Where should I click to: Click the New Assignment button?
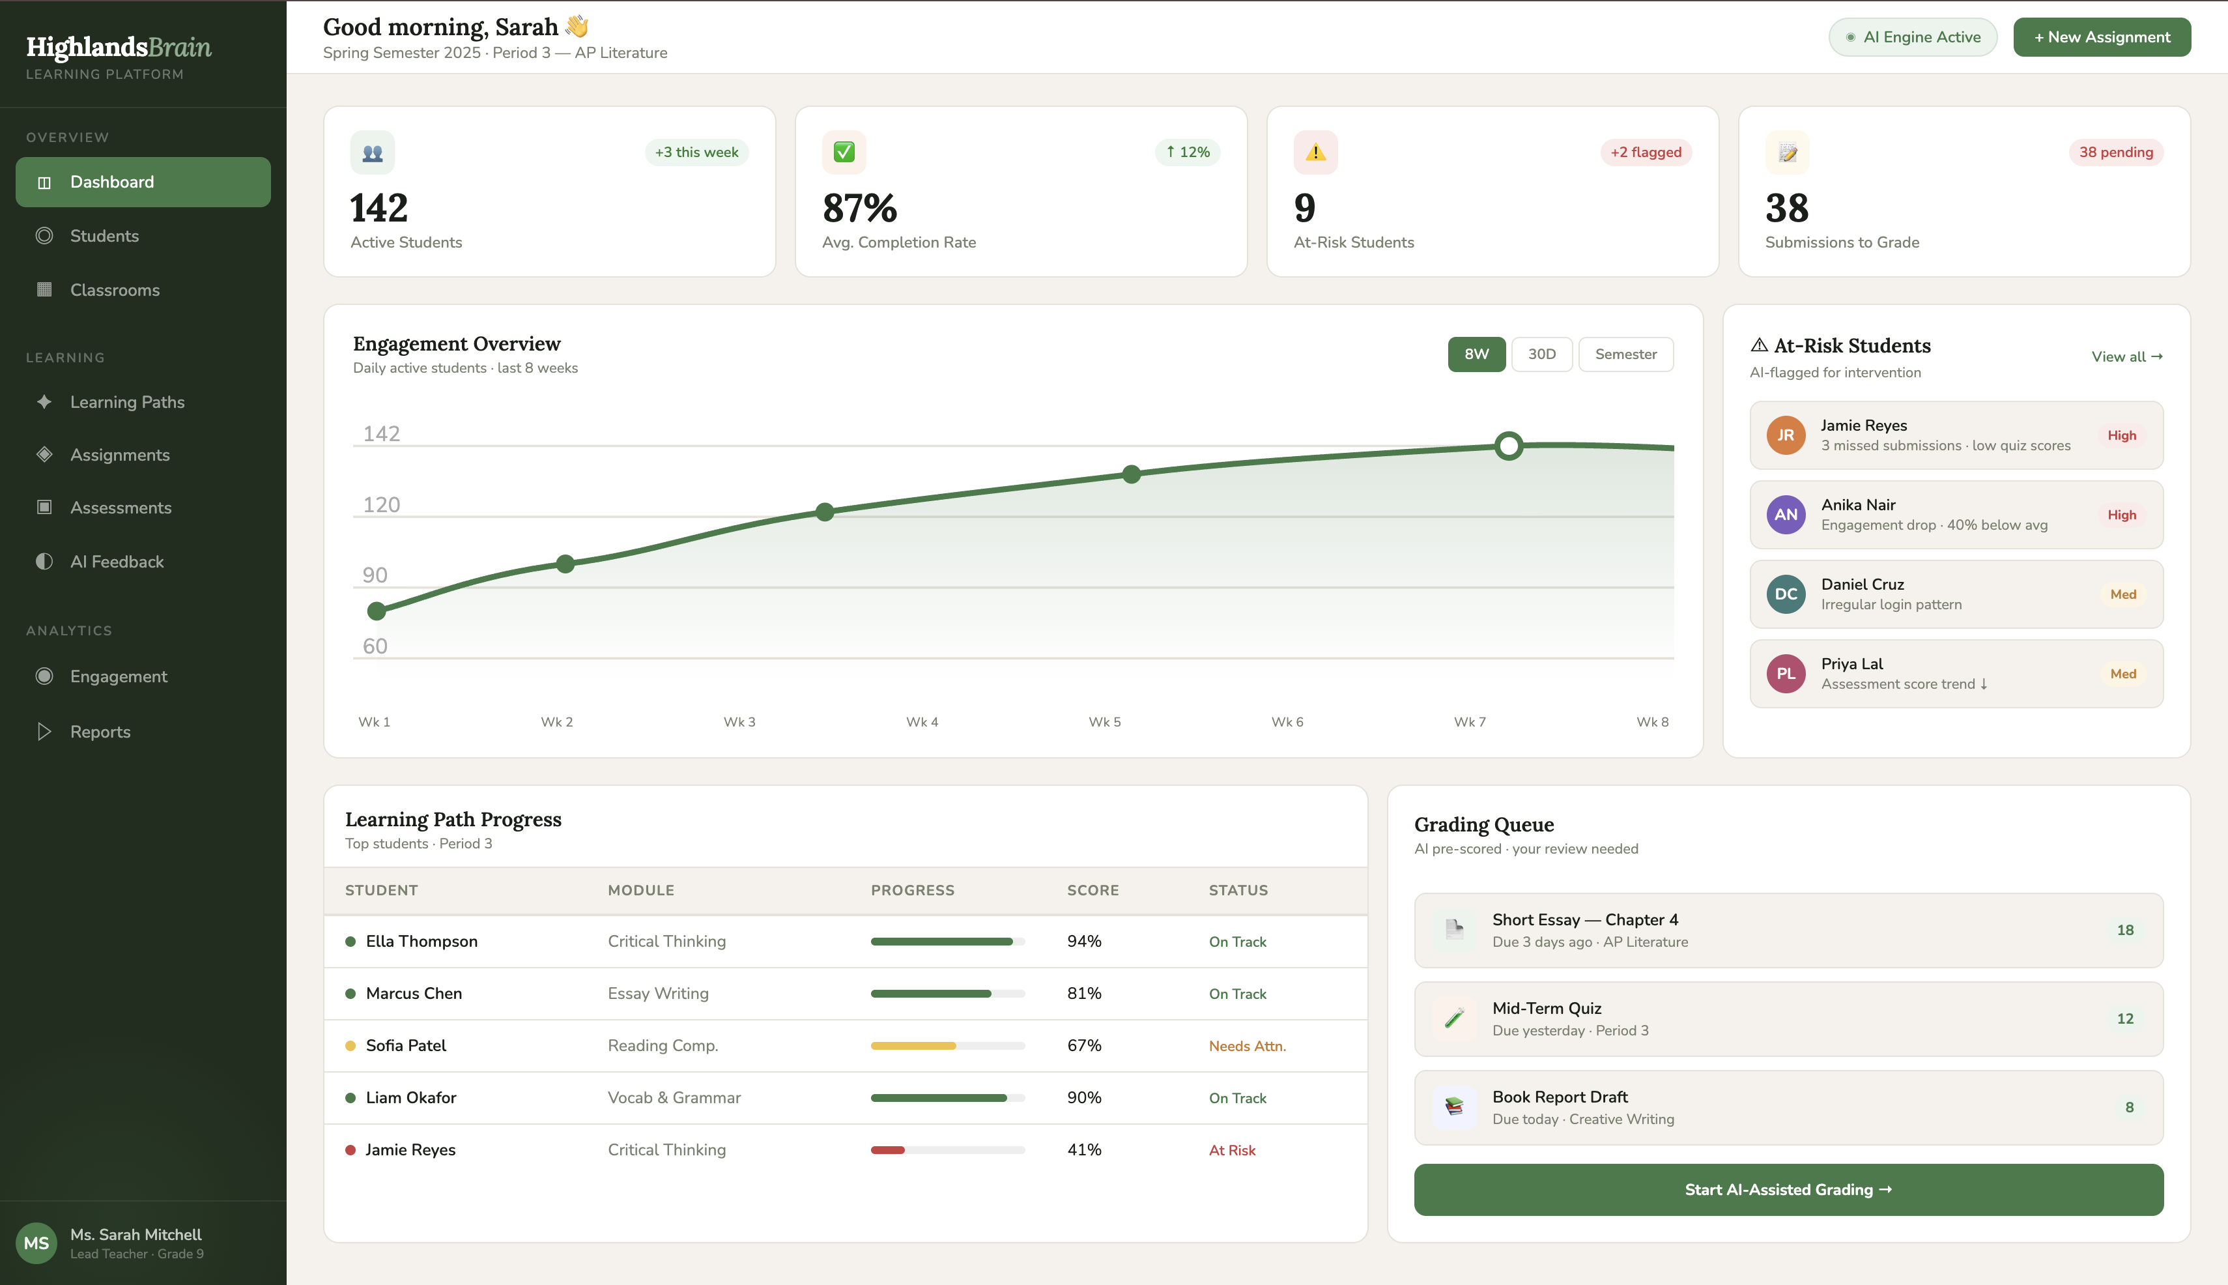(x=2101, y=37)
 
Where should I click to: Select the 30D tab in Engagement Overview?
(x=1541, y=354)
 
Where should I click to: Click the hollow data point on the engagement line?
(x=1508, y=446)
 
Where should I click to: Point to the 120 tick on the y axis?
(x=381, y=505)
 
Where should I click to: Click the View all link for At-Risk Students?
(x=2126, y=356)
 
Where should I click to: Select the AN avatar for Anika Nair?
(x=1785, y=515)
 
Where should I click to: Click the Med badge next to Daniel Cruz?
(x=2122, y=594)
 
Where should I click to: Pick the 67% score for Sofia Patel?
(x=1083, y=1046)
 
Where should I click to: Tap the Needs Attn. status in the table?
(x=1247, y=1047)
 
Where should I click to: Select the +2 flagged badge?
(x=1645, y=152)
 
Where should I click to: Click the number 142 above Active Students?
(x=379, y=209)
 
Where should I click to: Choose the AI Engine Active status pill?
(x=1912, y=37)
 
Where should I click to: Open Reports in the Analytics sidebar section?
(x=100, y=732)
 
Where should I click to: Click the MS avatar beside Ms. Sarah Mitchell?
(x=36, y=1243)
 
